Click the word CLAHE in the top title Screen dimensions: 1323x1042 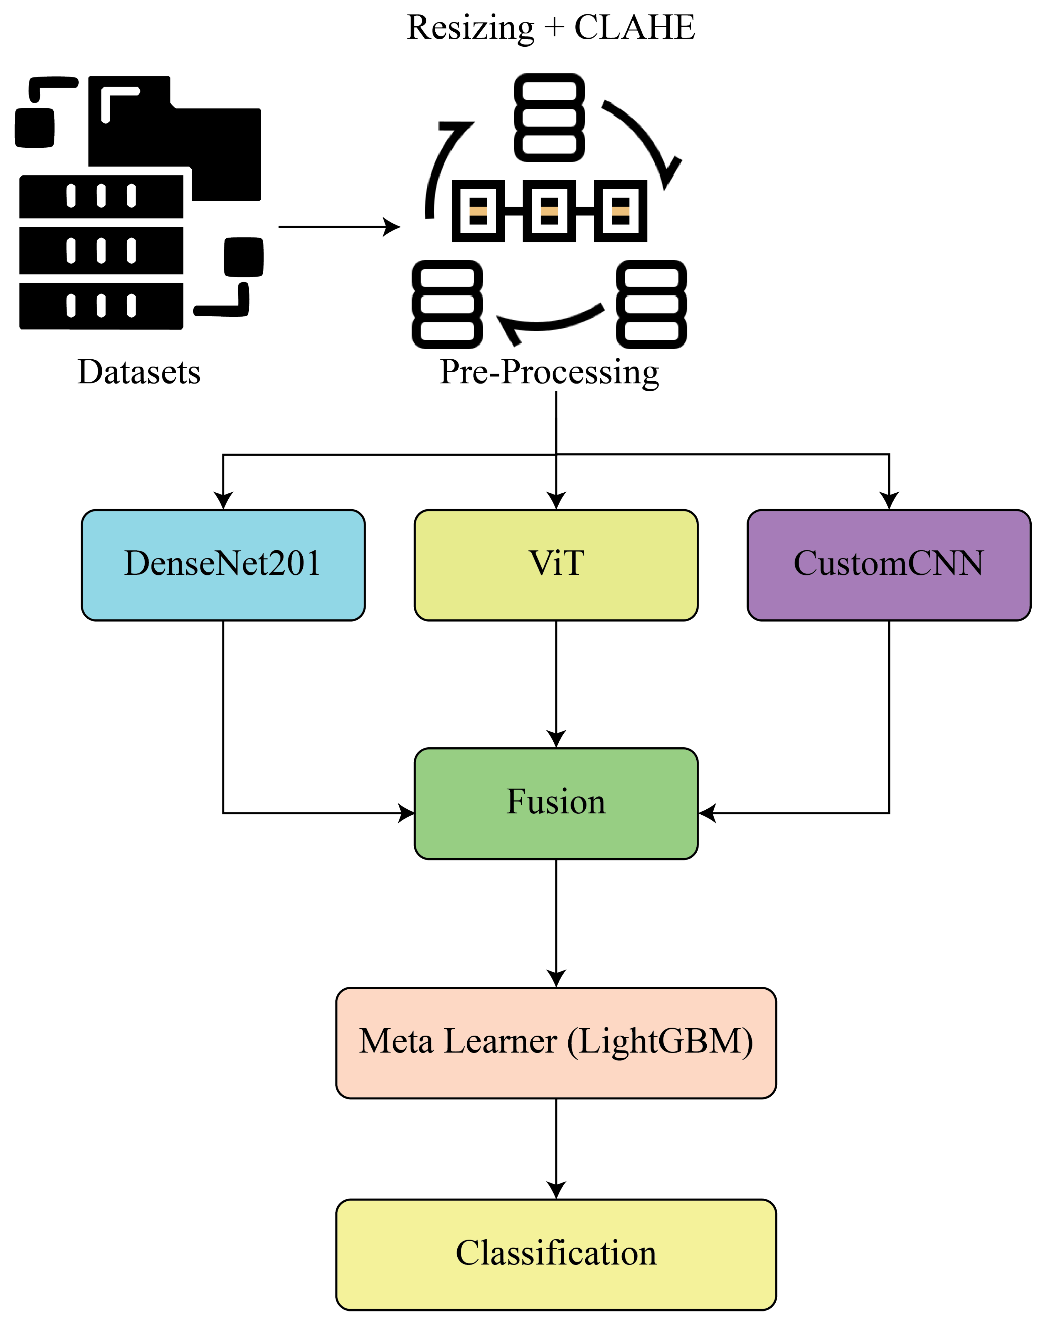[x=635, y=28]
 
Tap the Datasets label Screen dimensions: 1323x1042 [x=139, y=372]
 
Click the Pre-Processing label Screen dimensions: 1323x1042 [x=549, y=372]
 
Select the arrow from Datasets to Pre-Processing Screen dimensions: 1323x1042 [x=338, y=227]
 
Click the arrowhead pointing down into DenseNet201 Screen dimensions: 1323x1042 [x=223, y=500]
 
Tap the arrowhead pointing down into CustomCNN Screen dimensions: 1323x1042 [x=889, y=500]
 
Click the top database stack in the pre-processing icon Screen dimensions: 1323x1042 [x=549, y=118]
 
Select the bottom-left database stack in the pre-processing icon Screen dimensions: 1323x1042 [x=447, y=304]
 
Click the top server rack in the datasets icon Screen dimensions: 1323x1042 [x=101, y=196]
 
